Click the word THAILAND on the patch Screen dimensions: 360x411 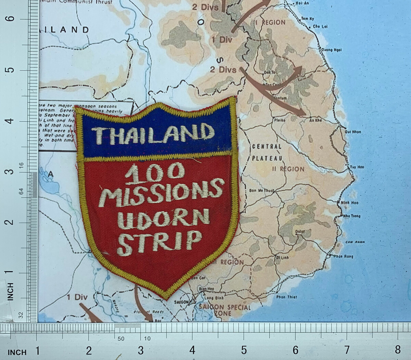(152, 134)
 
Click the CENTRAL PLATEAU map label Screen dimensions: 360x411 (267, 152)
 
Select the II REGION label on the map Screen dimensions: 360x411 (288, 169)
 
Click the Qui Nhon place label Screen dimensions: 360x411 (353, 132)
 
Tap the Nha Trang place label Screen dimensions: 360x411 (351, 216)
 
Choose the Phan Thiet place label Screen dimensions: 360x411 (287, 297)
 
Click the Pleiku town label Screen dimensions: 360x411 (279, 121)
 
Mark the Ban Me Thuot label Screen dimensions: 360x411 (262, 190)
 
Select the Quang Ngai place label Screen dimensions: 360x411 (331, 50)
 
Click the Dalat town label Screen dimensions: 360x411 (300, 231)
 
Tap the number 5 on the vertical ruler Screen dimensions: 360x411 (11, 70)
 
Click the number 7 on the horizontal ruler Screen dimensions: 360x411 (347, 350)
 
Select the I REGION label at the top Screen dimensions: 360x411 (271, 23)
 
